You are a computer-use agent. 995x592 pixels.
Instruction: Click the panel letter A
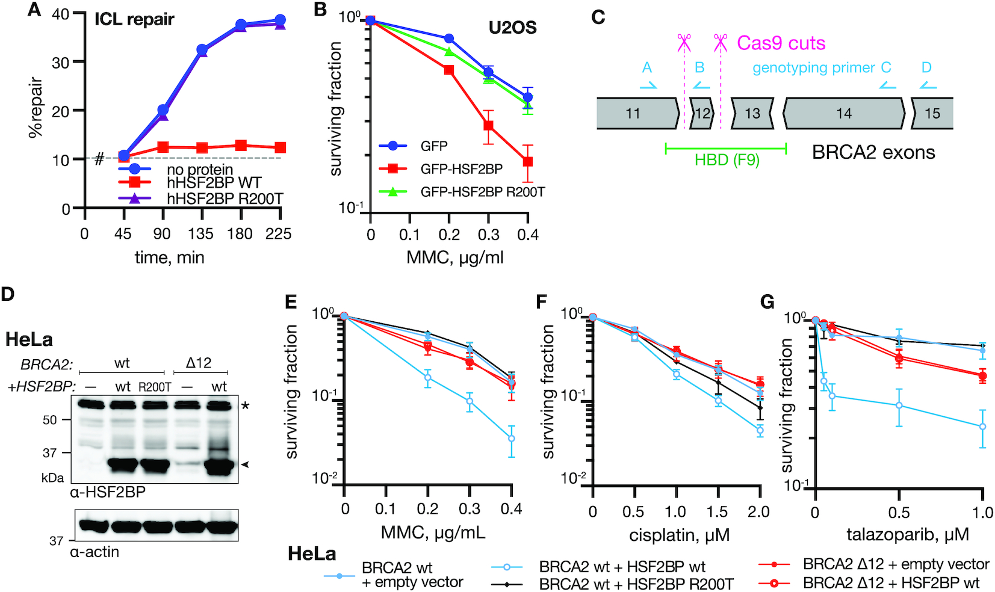pyautogui.click(x=34, y=10)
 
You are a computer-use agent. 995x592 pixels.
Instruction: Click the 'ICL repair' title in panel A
pyautogui.click(x=134, y=19)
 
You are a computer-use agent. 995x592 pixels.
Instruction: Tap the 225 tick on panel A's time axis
pyautogui.click(x=278, y=234)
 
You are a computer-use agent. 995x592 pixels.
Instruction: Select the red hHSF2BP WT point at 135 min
pyautogui.click(x=202, y=148)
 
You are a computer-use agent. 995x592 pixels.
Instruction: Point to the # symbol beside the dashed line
pyautogui.click(x=100, y=159)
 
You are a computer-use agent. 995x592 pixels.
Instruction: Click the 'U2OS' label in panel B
pyautogui.click(x=512, y=28)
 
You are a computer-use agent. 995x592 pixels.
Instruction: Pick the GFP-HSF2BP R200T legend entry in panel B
pyautogui.click(x=482, y=192)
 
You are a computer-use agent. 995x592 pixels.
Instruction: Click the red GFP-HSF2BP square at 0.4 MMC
pyautogui.click(x=528, y=162)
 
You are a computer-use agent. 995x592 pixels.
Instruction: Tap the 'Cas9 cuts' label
pyautogui.click(x=781, y=43)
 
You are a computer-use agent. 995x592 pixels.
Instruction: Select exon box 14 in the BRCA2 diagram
pyautogui.click(x=843, y=113)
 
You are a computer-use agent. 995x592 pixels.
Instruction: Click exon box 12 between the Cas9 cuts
pyautogui.click(x=702, y=113)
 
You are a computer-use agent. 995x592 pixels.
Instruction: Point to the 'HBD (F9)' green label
pyautogui.click(x=727, y=161)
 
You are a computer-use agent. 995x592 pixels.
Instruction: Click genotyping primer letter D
pyautogui.click(x=926, y=67)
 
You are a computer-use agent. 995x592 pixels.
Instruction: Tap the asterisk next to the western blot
pyautogui.click(x=246, y=407)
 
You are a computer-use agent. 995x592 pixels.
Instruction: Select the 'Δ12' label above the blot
pyautogui.click(x=199, y=363)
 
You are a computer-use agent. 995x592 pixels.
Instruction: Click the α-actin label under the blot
pyautogui.click(x=95, y=552)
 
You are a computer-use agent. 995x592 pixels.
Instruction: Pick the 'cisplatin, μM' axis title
pyautogui.click(x=679, y=534)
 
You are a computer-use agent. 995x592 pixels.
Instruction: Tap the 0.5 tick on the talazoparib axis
pyautogui.click(x=899, y=513)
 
